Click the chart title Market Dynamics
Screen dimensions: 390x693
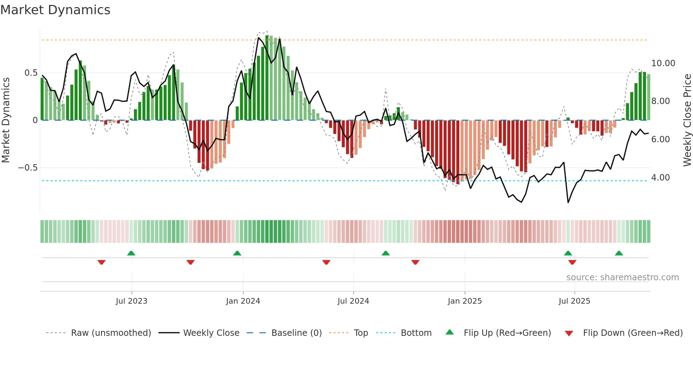[55, 10]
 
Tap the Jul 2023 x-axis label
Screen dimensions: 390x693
[131, 301]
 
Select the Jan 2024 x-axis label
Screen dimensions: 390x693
[243, 301]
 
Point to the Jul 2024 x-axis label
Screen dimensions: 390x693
[353, 301]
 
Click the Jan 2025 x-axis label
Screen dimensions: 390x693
[465, 301]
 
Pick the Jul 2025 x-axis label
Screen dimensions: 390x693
[574, 301]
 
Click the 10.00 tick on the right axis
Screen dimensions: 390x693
[663, 63]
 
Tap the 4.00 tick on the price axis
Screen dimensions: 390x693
[660, 178]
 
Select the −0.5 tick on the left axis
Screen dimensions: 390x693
[28, 168]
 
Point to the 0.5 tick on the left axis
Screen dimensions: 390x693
[31, 73]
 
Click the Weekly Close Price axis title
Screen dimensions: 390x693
[687, 120]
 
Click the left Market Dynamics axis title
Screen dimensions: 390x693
[6, 120]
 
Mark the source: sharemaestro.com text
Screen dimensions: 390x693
[622, 277]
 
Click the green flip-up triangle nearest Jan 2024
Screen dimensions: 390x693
[237, 253]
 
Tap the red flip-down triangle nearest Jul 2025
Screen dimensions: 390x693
[572, 262]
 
